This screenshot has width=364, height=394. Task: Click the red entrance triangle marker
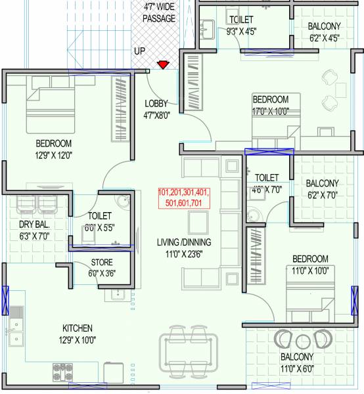click(x=162, y=65)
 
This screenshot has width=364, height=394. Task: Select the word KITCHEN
click(x=78, y=328)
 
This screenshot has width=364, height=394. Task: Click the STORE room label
click(x=101, y=263)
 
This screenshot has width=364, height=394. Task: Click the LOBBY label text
click(x=157, y=103)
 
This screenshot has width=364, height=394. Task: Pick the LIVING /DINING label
click(x=179, y=242)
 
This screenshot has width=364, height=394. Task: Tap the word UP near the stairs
click(x=140, y=51)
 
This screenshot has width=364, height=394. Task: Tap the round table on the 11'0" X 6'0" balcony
click(x=302, y=341)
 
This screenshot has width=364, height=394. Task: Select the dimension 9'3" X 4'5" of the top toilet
click(x=241, y=30)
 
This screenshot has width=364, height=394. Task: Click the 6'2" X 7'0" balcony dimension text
click(x=322, y=195)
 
